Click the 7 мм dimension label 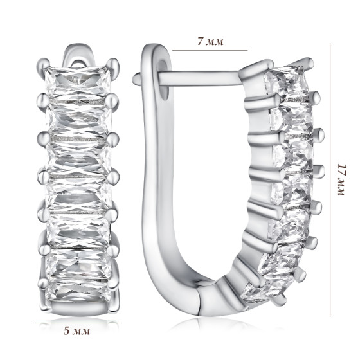click(210, 42)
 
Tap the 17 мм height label click(341, 180)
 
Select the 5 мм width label click(77, 331)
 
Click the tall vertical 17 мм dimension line click(330, 180)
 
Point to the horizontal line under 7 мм click(210, 50)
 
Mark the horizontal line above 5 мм click(78, 323)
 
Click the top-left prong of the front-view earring click(43, 64)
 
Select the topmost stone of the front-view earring click(78, 82)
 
